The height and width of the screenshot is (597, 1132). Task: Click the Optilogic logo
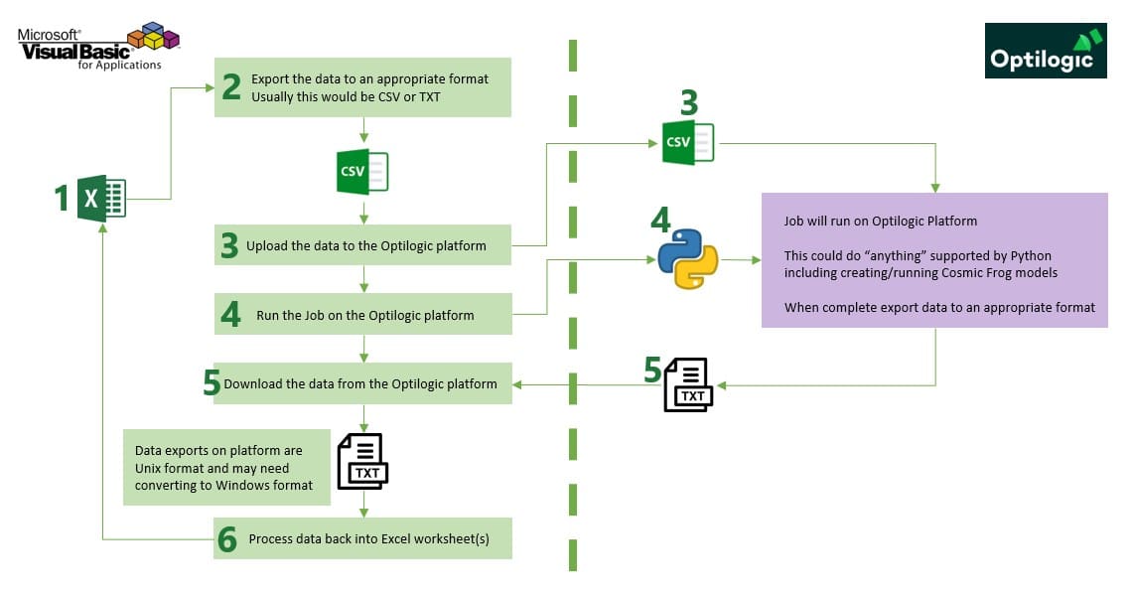[x=1046, y=51]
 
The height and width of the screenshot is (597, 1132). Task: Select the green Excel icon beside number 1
[x=102, y=197]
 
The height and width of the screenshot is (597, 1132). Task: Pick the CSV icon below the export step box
[x=363, y=171]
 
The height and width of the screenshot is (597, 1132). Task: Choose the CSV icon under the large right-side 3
[x=687, y=142]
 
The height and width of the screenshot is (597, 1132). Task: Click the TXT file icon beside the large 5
[x=688, y=384]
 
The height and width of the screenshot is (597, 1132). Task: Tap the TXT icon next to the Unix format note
[x=362, y=461]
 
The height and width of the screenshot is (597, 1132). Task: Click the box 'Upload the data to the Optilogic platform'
[x=363, y=245]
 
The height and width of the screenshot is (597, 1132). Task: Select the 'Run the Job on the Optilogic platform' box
[x=363, y=315]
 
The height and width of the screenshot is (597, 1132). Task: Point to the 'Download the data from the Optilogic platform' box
[x=363, y=383]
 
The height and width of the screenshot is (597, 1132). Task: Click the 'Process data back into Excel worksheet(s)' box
[x=363, y=538]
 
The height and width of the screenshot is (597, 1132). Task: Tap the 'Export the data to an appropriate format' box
[x=363, y=87]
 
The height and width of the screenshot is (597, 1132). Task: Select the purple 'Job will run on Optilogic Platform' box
[x=934, y=260]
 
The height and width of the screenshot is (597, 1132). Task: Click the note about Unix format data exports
[x=226, y=467]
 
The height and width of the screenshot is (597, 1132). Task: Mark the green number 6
[x=227, y=540]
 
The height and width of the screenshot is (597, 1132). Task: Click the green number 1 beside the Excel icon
[x=62, y=199]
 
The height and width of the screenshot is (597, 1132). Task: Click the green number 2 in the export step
[x=231, y=87]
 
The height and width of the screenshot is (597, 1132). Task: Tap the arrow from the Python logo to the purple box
[x=741, y=260]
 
